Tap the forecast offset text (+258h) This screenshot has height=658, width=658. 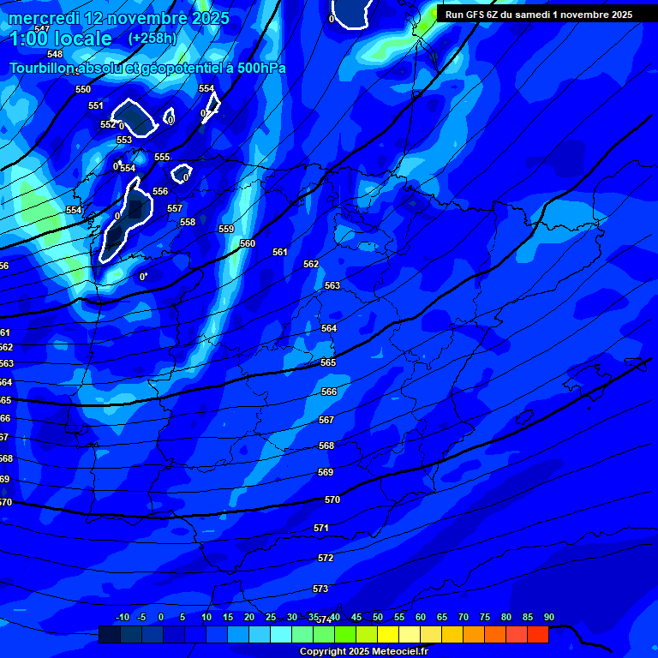[x=152, y=39]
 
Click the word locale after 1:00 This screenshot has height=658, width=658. [x=81, y=39]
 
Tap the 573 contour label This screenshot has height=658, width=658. [x=320, y=589]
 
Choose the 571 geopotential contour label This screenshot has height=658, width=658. [x=321, y=529]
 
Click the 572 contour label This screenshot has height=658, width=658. [x=326, y=558]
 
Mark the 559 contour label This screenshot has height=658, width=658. [x=226, y=229]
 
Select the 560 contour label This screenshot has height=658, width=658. [x=248, y=243]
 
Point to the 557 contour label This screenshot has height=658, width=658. [x=175, y=208]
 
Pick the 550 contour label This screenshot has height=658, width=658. [x=83, y=89]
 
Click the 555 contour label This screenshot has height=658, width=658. [x=162, y=157]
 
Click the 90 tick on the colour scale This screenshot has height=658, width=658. [x=549, y=618]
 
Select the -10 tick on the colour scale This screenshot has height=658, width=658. [x=123, y=618]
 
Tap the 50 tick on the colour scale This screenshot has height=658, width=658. [x=378, y=618]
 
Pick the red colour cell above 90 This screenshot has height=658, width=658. [x=537, y=634]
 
